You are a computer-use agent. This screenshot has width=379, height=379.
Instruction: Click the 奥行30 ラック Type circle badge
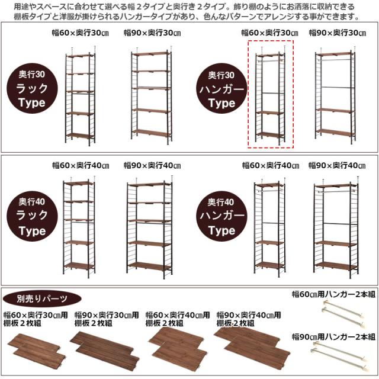pyautogui.click(x=32, y=88)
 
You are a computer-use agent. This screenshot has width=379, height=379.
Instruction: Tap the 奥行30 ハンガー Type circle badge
pyautogui.click(x=221, y=89)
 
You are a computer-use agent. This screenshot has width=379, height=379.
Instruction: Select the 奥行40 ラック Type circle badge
pyautogui.click(x=32, y=216)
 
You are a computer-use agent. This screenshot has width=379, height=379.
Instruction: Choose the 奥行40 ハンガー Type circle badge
pyautogui.click(x=221, y=216)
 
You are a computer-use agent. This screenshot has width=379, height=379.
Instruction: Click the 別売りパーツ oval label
pyautogui.click(x=42, y=298)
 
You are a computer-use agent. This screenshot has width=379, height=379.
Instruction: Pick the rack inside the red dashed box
pyautogui.click(x=271, y=95)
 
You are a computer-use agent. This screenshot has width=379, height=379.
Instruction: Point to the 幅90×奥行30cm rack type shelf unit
pyautogui.click(x=152, y=95)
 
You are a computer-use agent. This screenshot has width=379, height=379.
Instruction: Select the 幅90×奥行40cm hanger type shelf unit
pyautogui.click(x=336, y=227)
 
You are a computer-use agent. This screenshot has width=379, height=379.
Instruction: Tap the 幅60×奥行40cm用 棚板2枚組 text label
pyautogui.click(x=178, y=319)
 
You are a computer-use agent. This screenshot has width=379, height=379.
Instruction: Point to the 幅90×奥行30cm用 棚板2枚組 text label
pyautogui.click(x=107, y=319)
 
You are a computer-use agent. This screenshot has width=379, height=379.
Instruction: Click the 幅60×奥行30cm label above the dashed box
pyautogui.click(x=270, y=33)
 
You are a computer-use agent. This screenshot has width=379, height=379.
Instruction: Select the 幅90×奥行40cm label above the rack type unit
pyautogui.click(x=152, y=165)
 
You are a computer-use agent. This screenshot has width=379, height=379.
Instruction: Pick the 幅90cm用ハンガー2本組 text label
pyautogui.click(x=333, y=337)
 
